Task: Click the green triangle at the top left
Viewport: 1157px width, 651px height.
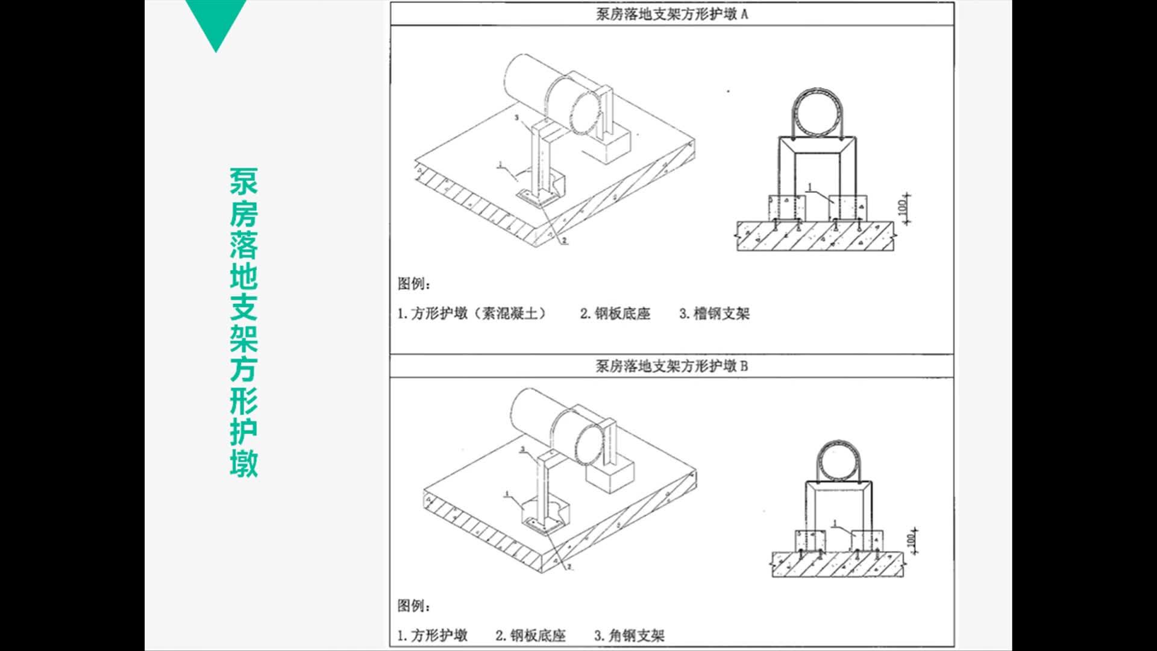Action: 216,21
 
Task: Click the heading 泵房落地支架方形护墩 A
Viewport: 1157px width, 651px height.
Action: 671,14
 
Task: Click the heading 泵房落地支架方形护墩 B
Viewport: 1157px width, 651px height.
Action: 671,366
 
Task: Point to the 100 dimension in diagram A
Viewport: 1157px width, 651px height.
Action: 902,207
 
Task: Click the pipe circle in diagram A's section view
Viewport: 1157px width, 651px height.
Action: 815,115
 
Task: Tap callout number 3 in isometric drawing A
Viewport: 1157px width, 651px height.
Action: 516,118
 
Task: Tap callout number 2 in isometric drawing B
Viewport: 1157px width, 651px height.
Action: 569,567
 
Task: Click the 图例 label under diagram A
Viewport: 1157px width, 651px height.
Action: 413,283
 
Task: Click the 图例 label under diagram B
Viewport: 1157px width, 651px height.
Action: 413,605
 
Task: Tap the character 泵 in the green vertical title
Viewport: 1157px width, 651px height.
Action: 243,181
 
